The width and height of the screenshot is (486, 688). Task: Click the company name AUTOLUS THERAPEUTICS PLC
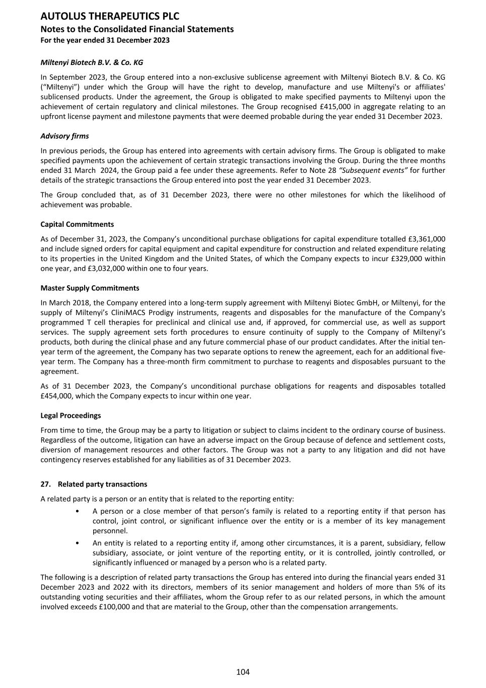point(110,17)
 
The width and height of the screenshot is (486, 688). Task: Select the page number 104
point(243,672)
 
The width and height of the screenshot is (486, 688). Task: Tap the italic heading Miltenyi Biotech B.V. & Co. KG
point(92,62)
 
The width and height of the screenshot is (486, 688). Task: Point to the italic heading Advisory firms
point(64,136)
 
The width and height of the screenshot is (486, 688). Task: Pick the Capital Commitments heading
point(77,224)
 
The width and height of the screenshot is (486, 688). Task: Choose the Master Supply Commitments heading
point(90,288)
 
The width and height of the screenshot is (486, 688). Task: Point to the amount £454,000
point(56,396)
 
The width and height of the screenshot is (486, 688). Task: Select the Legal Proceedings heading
point(71,416)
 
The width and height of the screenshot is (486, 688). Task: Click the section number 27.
point(45,484)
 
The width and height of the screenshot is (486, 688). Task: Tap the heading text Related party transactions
point(103,484)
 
